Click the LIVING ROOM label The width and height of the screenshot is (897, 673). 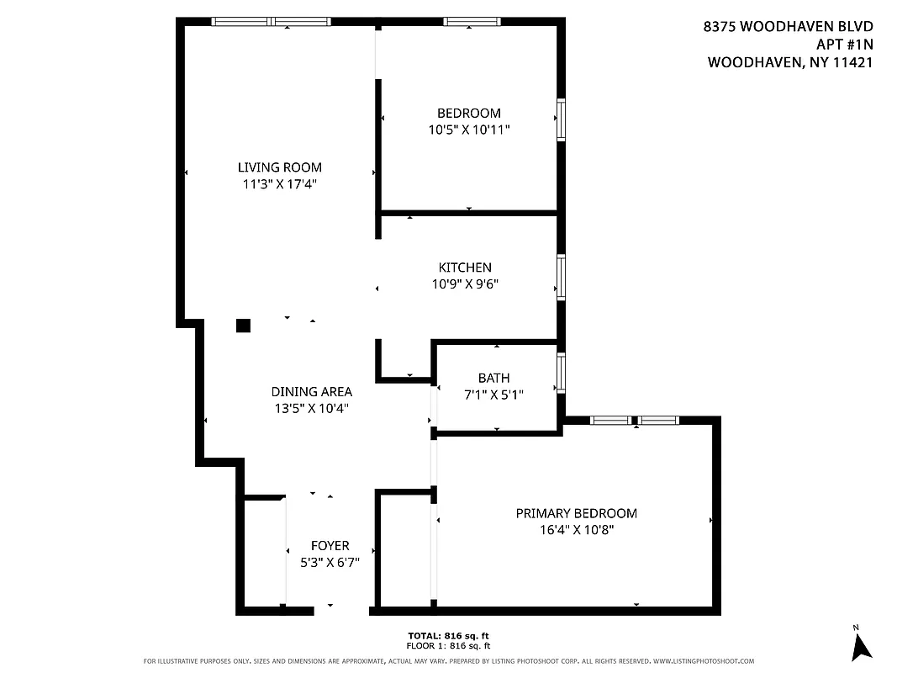click(x=279, y=167)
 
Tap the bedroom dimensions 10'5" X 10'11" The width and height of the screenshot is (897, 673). click(x=469, y=130)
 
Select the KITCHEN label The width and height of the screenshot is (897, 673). click(x=465, y=268)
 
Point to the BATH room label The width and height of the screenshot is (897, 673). click(x=493, y=378)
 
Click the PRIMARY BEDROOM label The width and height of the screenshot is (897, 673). click(x=576, y=513)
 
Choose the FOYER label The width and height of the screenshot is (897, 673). click(x=330, y=545)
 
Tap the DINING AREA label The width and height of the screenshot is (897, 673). click(x=311, y=391)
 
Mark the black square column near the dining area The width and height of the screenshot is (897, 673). click(x=243, y=326)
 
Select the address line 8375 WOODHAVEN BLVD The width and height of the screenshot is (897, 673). click(x=788, y=27)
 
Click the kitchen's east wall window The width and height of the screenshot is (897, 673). click(x=561, y=277)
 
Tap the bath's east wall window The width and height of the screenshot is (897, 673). click(x=561, y=373)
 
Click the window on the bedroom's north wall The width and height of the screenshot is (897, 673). click(x=472, y=21)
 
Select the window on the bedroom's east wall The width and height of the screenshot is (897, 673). click(x=561, y=119)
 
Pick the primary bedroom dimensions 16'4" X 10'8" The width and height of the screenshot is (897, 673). click(x=576, y=530)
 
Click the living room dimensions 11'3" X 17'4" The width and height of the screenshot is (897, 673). click(x=279, y=183)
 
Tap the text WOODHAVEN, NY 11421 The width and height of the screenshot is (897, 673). click(x=789, y=62)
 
